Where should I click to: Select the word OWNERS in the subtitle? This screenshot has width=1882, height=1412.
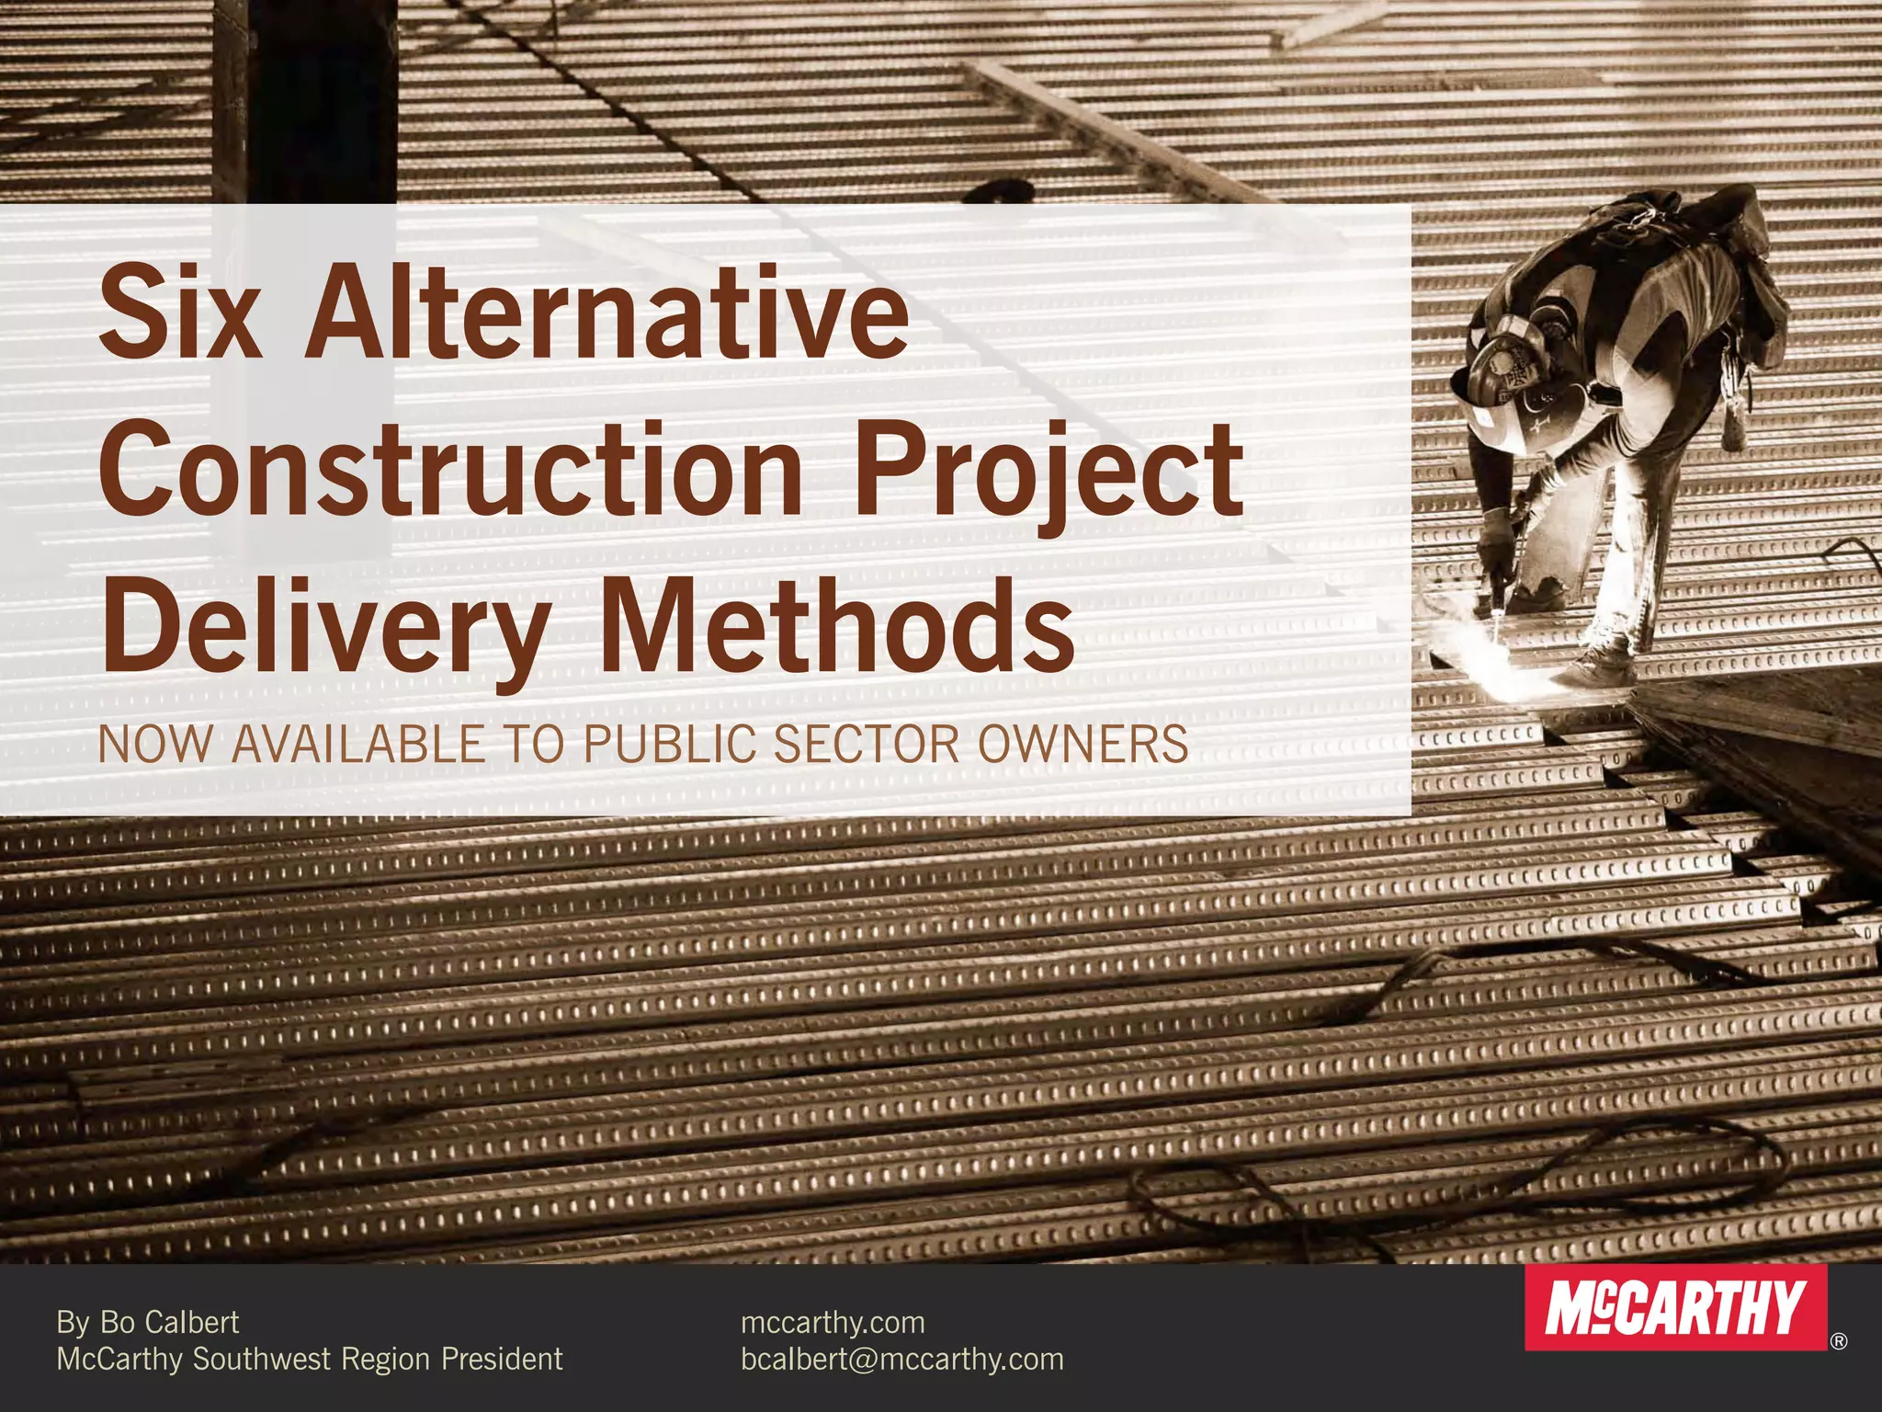tap(1083, 745)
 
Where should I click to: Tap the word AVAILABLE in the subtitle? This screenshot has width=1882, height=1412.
tap(357, 745)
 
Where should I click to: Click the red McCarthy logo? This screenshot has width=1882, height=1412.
tap(1675, 1308)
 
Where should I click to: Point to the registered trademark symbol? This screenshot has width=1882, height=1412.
tap(1838, 1341)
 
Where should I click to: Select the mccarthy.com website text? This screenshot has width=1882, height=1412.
tap(833, 1322)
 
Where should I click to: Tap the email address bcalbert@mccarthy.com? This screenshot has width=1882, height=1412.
tap(901, 1359)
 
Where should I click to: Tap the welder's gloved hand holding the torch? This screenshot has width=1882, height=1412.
tap(1500, 542)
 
